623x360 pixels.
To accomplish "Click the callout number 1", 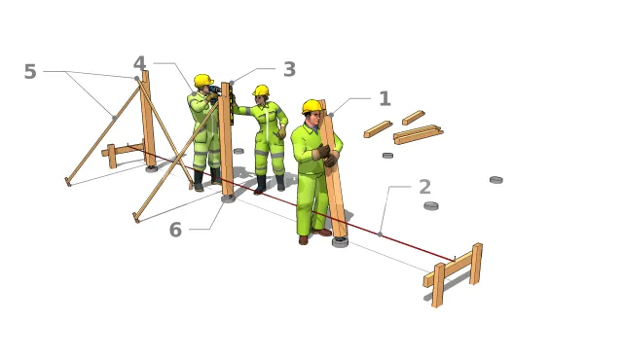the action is pyautogui.click(x=385, y=98).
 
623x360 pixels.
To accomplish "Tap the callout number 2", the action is pyautogui.click(x=424, y=187).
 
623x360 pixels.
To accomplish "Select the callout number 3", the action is pyautogui.click(x=290, y=69).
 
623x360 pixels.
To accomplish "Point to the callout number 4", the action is pyautogui.click(x=139, y=63).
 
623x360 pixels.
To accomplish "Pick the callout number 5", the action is pyautogui.click(x=30, y=72).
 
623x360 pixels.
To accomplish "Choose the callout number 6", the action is pyautogui.click(x=175, y=230).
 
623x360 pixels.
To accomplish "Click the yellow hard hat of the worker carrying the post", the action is pyautogui.click(x=311, y=106).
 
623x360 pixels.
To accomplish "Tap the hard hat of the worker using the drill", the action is pyautogui.click(x=203, y=81).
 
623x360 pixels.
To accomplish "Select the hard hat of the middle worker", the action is pyautogui.click(x=261, y=90).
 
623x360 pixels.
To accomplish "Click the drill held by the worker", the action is pyautogui.click(x=215, y=90).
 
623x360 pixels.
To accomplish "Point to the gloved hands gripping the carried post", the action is pyautogui.click(x=327, y=156).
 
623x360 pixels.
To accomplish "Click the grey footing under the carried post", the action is pyautogui.click(x=340, y=241).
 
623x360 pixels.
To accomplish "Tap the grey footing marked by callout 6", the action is pyautogui.click(x=228, y=198).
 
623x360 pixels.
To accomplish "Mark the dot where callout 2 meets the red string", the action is pyautogui.click(x=380, y=234).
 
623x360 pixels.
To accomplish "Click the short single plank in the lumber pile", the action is pyautogui.click(x=413, y=118).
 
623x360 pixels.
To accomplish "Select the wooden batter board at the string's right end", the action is pyautogui.click(x=454, y=273).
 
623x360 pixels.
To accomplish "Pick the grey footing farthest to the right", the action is pyautogui.click(x=496, y=180).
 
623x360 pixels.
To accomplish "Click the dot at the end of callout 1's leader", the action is pyautogui.click(x=331, y=115).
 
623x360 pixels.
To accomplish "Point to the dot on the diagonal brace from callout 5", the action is pyautogui.click(x=115, y=118).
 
